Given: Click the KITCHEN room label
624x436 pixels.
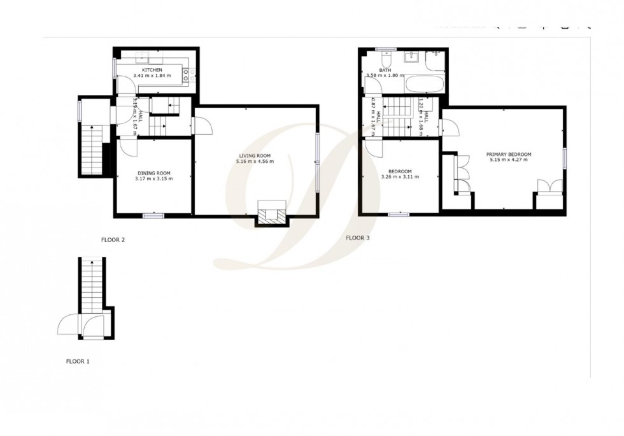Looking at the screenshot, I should [152, 69].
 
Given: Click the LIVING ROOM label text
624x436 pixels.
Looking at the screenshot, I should [255, 155].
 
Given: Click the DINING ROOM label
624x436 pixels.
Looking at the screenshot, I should [154, 172].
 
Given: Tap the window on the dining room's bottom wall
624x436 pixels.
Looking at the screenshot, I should [153, 215].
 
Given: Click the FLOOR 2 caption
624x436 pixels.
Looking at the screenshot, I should [113, 240].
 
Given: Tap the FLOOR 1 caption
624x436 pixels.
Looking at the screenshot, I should [78, 361].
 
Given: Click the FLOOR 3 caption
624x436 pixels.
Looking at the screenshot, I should [358, 238].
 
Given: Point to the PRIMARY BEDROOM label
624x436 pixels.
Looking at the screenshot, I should [509, 154].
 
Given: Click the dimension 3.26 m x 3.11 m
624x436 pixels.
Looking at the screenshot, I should [400, 177].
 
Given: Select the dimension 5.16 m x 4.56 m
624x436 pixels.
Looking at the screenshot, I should [255, 162].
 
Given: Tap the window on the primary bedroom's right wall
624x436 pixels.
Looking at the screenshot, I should [564, 157].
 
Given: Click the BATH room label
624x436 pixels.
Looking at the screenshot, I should [385, 70].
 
